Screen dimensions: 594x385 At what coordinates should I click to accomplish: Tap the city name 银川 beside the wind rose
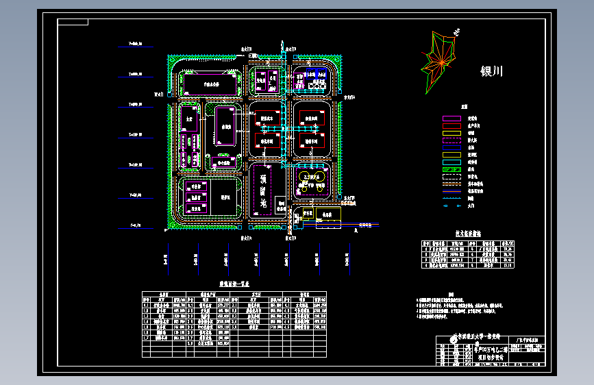tap(492, 71)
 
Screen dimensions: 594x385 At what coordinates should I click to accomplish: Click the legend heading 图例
tap(464, 108)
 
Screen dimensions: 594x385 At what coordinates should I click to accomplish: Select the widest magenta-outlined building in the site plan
tap(210, 84)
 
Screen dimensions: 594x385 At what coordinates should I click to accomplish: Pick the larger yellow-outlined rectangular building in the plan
tap(225, 127)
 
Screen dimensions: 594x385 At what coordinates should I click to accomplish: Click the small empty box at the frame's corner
tap(73, 22)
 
